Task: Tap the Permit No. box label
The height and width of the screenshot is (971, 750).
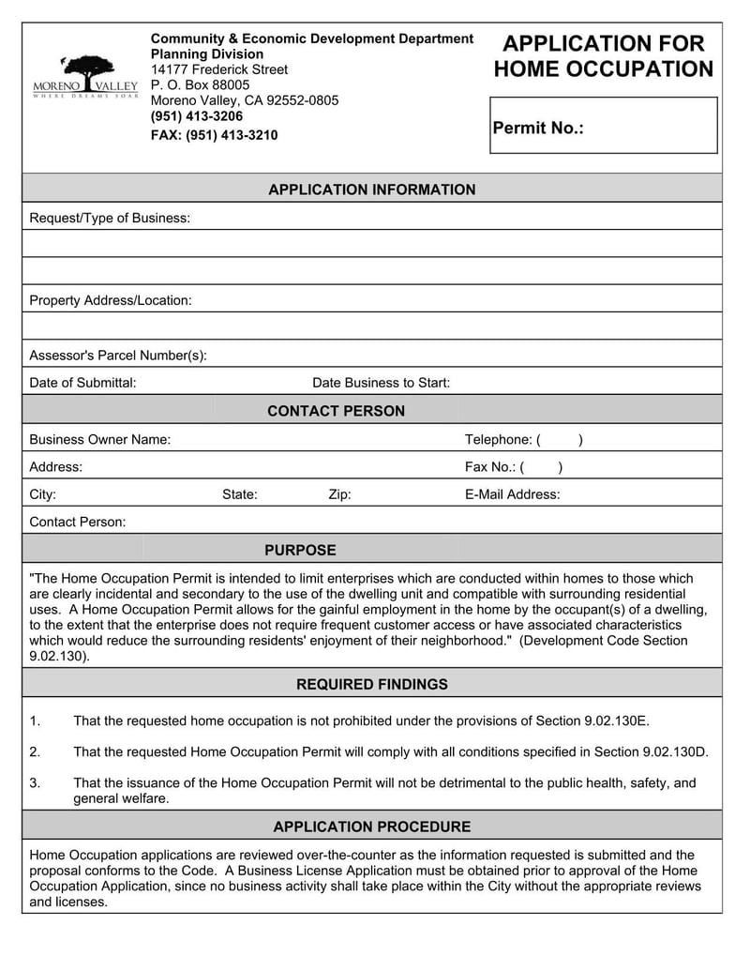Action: [538, 129]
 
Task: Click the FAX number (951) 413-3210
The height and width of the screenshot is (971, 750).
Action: [214, 135]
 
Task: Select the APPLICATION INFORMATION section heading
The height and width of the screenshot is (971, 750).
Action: [372, 190]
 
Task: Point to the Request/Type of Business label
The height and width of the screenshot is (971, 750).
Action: [110, 219]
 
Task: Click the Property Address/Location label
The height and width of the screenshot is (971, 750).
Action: [111, 301]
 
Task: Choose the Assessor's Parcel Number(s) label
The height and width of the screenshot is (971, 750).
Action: [118, 356]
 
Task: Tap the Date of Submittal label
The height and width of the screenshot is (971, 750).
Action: [82, 383]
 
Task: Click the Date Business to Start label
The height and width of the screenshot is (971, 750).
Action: [381, 383]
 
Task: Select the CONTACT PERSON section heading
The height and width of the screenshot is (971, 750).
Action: [336, 411]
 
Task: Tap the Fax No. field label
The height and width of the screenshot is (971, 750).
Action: [490, 467]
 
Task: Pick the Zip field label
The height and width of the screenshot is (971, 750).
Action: [339, 494]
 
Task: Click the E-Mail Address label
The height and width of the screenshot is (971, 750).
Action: [512, 494]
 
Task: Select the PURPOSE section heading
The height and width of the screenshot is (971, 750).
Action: [300, 550]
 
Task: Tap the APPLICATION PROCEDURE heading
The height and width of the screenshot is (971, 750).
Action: [372, 827]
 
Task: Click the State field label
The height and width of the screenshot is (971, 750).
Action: [239, 494]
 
